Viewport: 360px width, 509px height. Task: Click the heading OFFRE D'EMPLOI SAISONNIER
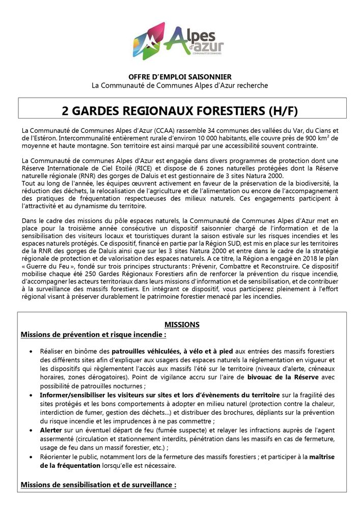click(180, 76)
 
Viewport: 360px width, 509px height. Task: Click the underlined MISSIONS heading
click(182, 324)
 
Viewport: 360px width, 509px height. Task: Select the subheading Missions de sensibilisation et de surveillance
click(98, 484)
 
